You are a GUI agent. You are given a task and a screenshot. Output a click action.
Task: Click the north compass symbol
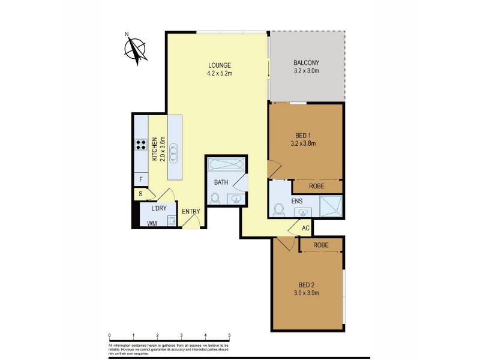137,50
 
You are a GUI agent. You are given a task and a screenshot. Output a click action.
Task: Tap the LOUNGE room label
220,65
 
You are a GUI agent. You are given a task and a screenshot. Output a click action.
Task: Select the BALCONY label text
306,63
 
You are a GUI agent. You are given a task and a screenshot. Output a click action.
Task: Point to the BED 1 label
302,135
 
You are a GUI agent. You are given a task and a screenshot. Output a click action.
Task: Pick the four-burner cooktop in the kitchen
142,144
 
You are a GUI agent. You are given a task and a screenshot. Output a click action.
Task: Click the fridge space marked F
140,179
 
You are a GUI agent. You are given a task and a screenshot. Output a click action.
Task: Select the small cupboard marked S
140,194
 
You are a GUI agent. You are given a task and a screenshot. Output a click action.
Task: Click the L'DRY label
158,208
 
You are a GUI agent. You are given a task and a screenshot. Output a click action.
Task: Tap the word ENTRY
191,211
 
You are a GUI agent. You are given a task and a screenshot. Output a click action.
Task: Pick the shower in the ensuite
331,205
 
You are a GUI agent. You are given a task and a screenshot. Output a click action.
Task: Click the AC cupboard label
305,228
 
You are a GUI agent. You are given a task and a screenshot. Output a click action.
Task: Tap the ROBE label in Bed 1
317,187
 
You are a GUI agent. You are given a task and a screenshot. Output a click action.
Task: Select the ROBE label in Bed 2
320,245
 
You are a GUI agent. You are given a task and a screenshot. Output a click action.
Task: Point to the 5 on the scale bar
229,336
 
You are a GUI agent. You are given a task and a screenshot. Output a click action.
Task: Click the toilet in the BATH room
215,197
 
